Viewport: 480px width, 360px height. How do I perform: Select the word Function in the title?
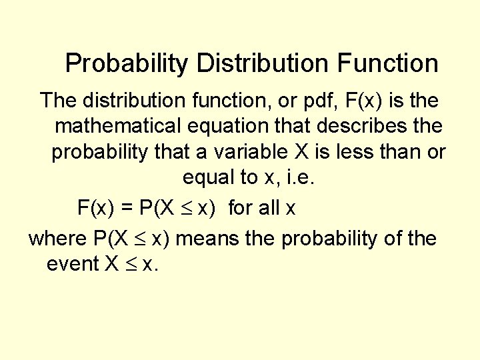click(x=387, y=63)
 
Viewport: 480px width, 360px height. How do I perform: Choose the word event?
click(x=72, y=264)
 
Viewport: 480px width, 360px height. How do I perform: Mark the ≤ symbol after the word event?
click(x=131, y=265)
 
